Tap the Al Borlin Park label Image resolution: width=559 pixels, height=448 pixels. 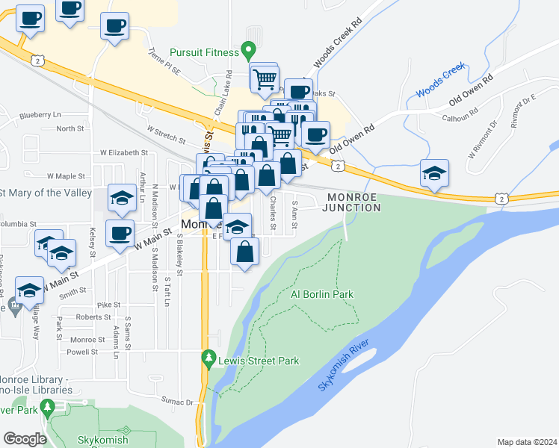[x=321, y=295]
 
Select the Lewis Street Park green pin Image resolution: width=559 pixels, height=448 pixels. [x=209, y=360]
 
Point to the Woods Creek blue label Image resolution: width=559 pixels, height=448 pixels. [x=441, y=84]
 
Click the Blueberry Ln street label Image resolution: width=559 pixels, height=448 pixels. [x=40, y=115]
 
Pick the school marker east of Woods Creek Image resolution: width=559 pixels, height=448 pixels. [x=434, y=175]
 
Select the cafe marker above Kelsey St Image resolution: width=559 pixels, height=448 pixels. [x=120, y=234]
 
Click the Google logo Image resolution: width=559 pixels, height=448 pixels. [x=25, y=439]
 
